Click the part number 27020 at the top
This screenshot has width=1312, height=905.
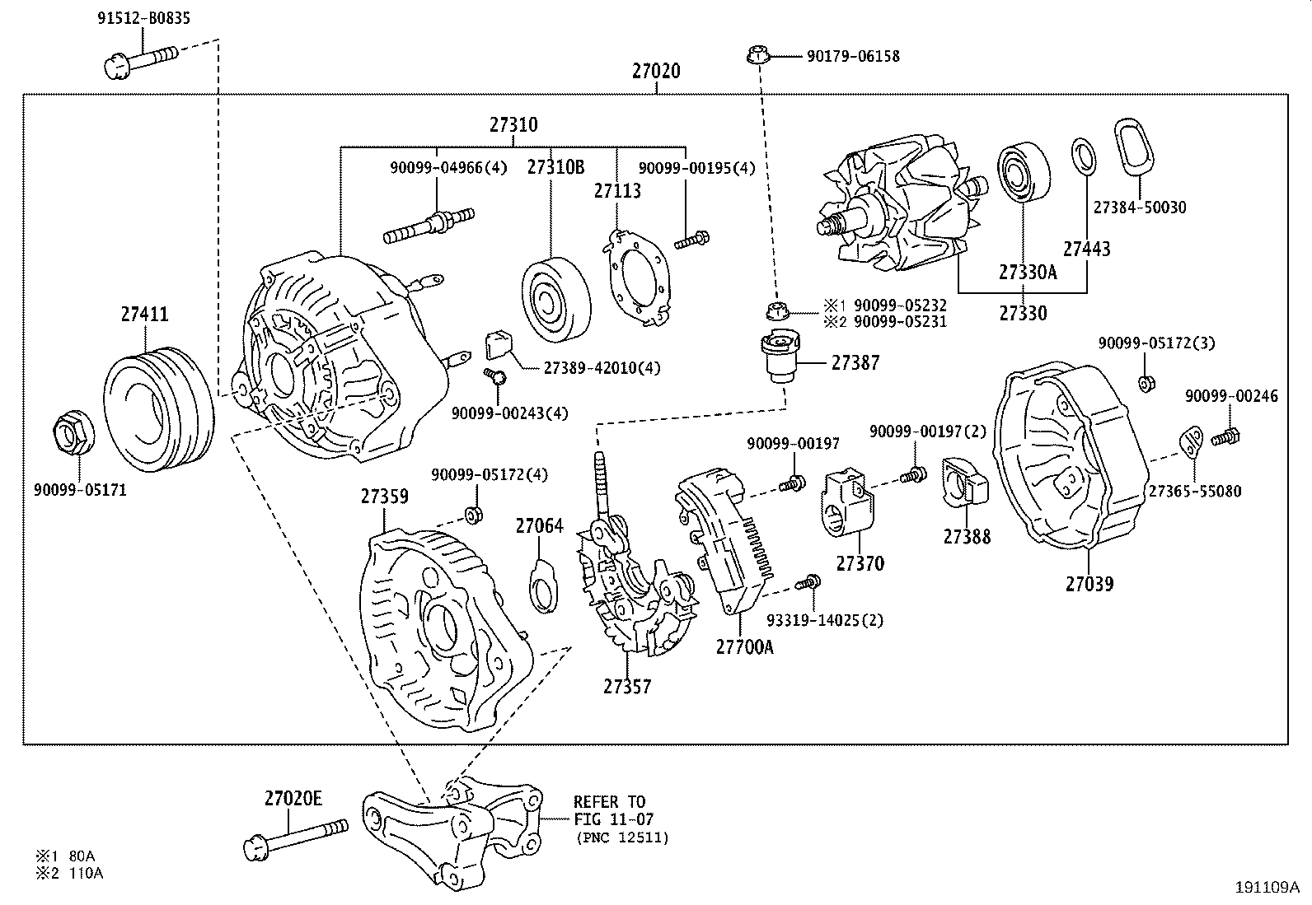point(656,71)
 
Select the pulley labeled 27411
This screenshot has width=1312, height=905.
point(157,409)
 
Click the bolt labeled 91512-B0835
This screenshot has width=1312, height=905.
point(142,60)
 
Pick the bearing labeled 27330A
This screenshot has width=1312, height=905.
point(1024,174)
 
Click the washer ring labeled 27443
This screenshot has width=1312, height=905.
point(1085,156)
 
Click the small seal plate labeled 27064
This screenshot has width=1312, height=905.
point(541,585)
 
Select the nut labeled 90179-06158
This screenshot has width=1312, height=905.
point(756,56)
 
